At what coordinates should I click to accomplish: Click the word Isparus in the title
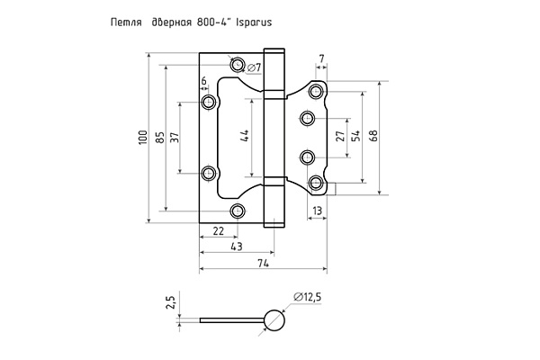[254, 22]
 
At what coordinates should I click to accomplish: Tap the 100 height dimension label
[143, 138]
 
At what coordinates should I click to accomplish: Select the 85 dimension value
[160, 138]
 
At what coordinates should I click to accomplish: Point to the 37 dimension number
[175, 138]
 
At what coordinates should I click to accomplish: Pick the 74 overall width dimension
[263, 263]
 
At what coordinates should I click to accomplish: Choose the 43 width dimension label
[236, 247]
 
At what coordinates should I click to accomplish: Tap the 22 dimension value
[219, 230]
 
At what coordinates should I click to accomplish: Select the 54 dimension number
[355, 136]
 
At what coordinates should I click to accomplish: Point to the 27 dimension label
[340, 137]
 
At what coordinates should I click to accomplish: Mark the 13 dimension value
[317, 210]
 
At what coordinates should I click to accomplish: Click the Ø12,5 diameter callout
[307, 297]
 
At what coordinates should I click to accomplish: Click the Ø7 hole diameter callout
[254, 67]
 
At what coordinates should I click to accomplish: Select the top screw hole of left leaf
[238, 65]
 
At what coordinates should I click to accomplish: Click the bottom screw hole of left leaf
[238, 211]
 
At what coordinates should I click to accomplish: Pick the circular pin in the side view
[274, 320]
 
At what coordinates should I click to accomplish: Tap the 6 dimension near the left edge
[204, 81]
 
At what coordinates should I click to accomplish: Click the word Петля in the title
[126, 22]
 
